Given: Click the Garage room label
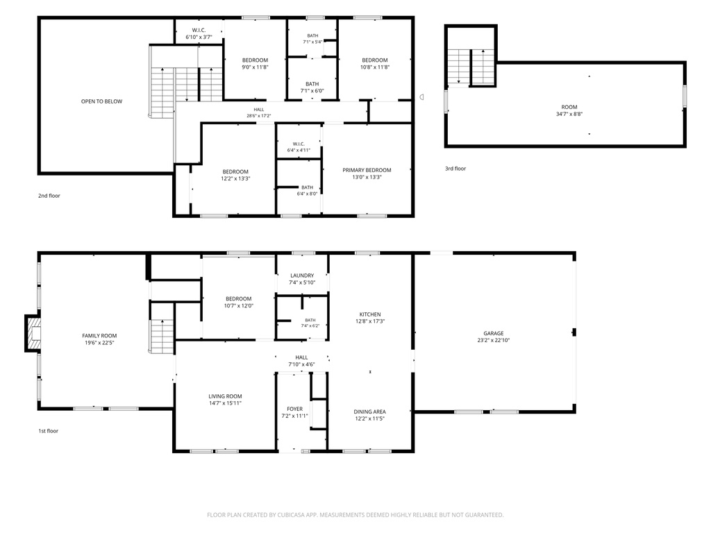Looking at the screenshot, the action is (494, 333).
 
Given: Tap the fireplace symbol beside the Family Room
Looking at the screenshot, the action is (33, 333).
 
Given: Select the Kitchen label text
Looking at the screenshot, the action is (370, 314).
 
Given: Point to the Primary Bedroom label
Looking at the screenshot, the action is (367, 170).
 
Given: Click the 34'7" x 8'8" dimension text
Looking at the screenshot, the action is (569, 115).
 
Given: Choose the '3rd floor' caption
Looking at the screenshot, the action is (455, 169).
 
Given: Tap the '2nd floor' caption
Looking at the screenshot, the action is (49, 196).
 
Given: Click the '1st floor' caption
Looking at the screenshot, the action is (48, 431).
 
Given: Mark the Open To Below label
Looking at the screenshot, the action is (101, 101).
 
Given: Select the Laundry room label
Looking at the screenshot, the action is (302, 276).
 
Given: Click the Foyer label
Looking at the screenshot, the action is (294, 409).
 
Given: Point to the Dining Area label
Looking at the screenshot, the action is (369, 412).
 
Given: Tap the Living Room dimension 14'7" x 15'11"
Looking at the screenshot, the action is (225, 403).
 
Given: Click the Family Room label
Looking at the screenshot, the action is (99, 336).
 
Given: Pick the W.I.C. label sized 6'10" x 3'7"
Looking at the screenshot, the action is (199, 33).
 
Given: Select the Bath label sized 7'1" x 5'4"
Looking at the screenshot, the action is (312, 39).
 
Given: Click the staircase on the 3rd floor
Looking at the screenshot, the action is (471, 67).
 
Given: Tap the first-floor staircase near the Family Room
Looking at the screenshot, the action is (162, 336).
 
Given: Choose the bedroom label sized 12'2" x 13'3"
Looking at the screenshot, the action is (235, 175).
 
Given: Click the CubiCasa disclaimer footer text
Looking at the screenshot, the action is (355, 515).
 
